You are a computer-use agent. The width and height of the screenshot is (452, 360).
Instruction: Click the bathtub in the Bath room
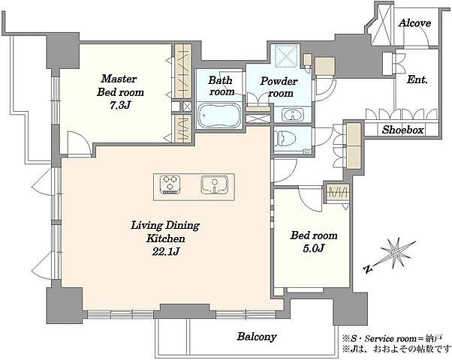(219, 115)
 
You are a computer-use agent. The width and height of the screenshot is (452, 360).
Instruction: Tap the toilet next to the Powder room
(285, 139)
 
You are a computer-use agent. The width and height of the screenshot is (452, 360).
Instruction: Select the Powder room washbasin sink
(293, 115)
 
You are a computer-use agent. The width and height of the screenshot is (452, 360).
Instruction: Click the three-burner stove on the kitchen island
(170, 184)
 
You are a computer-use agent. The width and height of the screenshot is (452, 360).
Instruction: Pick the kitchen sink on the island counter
(215, 184)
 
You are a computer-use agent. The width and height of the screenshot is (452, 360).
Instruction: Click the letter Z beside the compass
(367, 269)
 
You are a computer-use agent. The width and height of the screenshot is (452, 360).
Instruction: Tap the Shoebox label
(402, 130)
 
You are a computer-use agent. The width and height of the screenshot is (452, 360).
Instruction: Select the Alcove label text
(414, 23)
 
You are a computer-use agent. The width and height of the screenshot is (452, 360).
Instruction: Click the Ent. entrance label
(417, 79)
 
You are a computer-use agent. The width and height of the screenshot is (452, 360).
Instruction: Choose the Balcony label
(257, 337)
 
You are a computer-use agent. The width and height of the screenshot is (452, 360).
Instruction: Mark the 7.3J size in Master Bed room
(120, 106)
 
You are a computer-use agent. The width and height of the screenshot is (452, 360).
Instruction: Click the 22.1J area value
(166, 252)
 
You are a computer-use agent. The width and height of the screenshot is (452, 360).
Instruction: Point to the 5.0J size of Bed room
(314, 247)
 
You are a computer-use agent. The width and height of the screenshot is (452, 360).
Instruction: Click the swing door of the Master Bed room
(77, 143)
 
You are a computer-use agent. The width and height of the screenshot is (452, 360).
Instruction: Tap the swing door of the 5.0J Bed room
(310, 199)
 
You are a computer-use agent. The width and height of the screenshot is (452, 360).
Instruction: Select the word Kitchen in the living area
(166, 238)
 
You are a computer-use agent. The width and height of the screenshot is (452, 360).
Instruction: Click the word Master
(119, 79)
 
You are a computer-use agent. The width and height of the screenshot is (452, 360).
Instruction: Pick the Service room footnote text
(392, 337)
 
